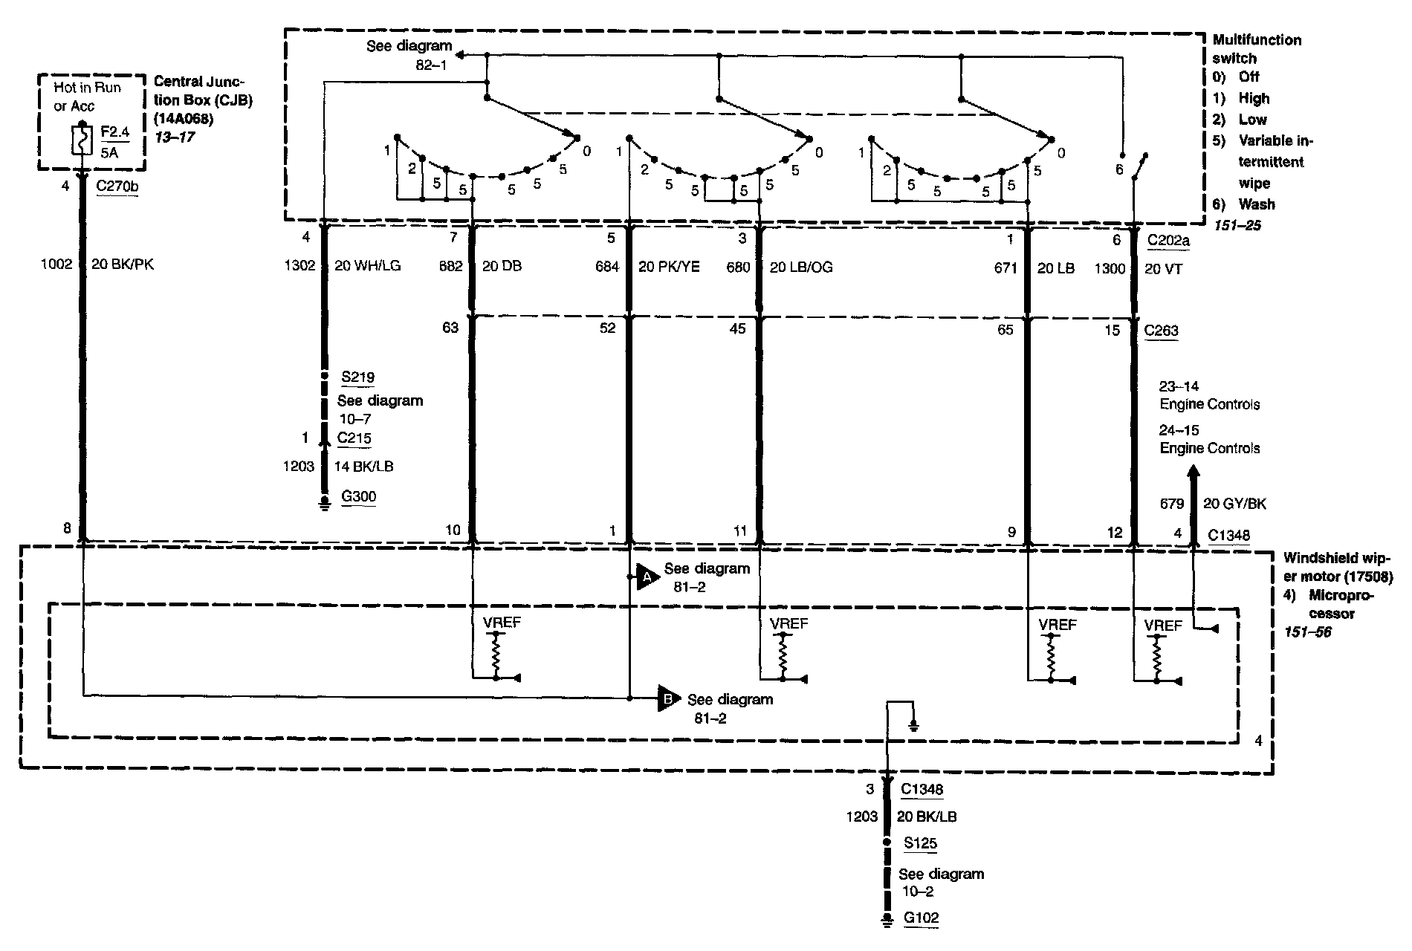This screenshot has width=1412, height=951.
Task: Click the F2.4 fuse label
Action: (115, 132)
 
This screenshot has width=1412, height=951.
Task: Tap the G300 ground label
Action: (357, 497)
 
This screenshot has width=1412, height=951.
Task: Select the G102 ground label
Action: (921, 918)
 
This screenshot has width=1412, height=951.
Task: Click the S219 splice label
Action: (357, 377)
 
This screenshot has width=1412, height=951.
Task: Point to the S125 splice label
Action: (920, 843)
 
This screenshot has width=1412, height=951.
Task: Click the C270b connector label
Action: (117, 186)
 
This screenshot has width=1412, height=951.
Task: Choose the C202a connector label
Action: (1168, 239)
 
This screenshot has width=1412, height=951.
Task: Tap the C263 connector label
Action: (1162, 331)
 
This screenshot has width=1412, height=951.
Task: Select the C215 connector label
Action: (354, 438)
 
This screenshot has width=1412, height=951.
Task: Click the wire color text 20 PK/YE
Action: (669, 267)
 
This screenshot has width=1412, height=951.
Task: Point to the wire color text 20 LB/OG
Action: (801, 267)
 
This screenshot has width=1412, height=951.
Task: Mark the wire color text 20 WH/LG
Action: (367, 265)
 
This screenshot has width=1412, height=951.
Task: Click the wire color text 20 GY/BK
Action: (1234, 504)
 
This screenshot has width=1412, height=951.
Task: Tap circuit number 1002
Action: (56, 264)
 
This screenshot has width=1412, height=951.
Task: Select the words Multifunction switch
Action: (1257, 49)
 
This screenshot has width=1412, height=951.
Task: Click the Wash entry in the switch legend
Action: (1256, 204)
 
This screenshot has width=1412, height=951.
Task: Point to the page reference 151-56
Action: (1307, 632)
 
